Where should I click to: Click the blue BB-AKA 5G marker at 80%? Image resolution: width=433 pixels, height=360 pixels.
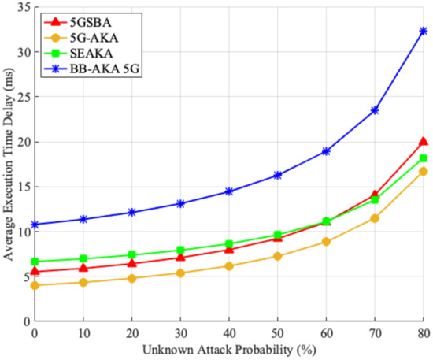[x=424, y=31]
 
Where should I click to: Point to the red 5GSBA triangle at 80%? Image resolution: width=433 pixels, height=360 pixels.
[x=424, y=142]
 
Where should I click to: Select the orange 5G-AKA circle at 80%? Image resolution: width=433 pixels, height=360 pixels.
[x=424, y=171]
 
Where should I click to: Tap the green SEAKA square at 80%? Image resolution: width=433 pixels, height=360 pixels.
[x=424, y=158]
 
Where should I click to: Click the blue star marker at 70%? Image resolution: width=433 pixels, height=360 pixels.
[x=375, y=110]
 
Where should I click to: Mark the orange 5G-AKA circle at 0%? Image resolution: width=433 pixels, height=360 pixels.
[x=35, y=285]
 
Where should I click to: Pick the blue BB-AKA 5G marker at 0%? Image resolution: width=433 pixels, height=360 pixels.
[x=35, y=225]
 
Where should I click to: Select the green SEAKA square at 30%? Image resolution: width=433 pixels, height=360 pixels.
[x=180, y=251]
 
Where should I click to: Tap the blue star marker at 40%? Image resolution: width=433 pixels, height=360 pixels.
[x=229, y=191]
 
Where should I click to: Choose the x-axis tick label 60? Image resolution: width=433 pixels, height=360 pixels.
[x=326, y=333]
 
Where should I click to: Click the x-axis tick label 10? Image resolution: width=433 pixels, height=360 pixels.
[x=83, y=333]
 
